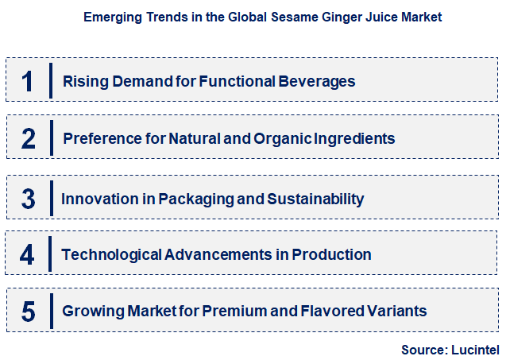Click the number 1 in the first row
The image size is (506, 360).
coord(29,81)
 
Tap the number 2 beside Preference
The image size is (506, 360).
coord(29,139)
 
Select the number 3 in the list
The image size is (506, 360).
coord(29,198)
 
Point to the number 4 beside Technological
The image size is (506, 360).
coord(29,255)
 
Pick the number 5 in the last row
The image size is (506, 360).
coord(29,312)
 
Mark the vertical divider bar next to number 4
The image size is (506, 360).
coord(51,255)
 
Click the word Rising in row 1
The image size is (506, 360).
coord(83,81)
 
